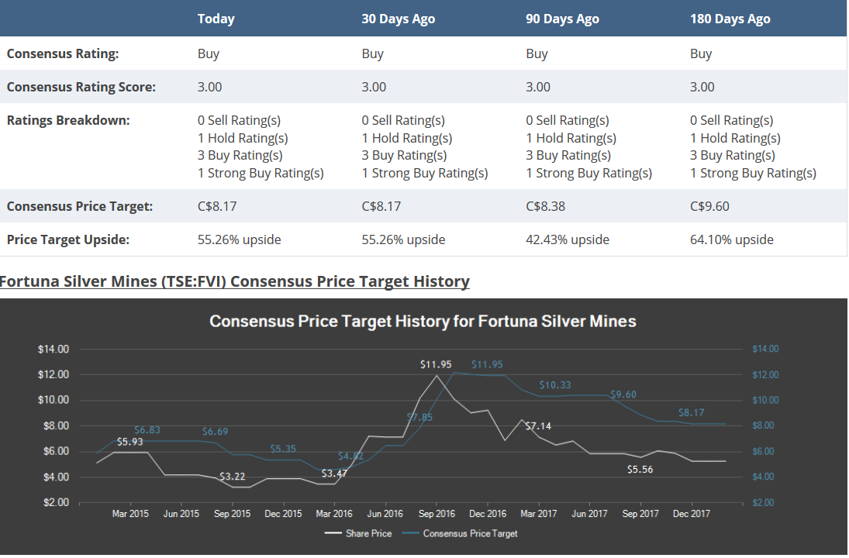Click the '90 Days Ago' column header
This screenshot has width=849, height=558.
coord(562,19)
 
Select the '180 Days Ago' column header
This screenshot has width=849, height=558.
coord(730,19)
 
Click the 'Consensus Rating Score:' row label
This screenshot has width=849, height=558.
coord(81,87)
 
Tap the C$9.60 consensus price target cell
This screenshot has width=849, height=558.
coord(709,206)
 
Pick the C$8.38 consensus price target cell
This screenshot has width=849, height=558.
coord(545,206)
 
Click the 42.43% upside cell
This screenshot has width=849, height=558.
coord(567,239)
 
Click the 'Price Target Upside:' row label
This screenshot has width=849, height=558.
coord(68,239)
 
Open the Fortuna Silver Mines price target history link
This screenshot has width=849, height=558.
coord(234,281)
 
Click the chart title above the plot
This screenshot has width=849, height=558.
coord(423,321)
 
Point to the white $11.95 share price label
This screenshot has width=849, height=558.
coord(436,363)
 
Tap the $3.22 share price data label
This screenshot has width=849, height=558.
coord(232,476)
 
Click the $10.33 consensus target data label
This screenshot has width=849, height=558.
coord(555,384)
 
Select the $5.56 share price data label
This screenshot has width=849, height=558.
coord(640,469)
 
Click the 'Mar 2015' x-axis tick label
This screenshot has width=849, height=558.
coord(130,513)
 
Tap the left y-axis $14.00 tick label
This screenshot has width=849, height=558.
coord(53,349)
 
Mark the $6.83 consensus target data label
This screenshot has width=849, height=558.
coord(147,429)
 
